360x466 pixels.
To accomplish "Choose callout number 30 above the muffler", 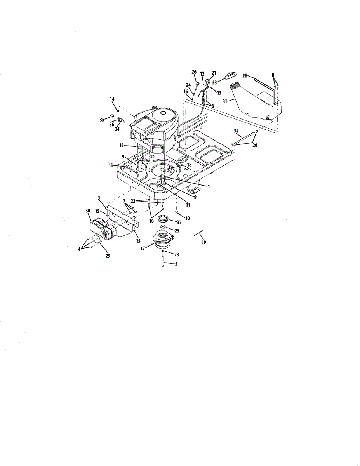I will click(x=87, y=210).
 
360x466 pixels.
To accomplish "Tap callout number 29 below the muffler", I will click(x=108, y=256).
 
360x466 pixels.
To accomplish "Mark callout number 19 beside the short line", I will click(x=203, y=242).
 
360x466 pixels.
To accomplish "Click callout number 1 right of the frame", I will click(x=208, y=187).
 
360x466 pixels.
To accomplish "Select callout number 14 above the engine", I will click(x=112, y=99).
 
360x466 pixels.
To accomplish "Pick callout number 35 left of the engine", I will click(x=102, y=120).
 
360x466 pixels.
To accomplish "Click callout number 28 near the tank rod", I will click(x=245, y=76).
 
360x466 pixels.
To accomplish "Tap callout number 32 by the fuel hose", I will click(x=236, y=130).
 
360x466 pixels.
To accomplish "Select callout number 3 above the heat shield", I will click(x=99, y=198).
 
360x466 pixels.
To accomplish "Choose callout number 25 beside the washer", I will click(x=177, y=230).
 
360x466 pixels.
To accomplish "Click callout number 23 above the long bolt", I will click(x=177, y=255).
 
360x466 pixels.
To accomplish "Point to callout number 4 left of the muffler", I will click(x=79, y=249).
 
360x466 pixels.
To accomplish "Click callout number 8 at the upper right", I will click(x=273, y=75).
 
